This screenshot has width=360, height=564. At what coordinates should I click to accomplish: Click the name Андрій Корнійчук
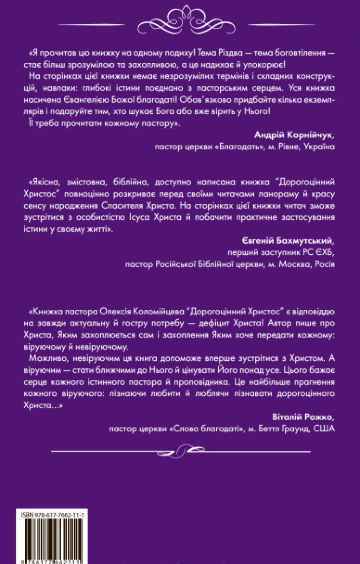[294, 135]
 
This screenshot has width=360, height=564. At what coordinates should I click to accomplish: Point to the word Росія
[324, 265]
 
